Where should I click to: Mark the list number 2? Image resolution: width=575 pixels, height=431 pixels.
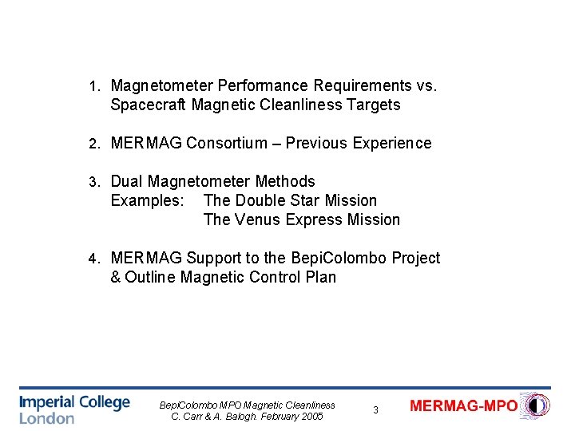tap(93, 144)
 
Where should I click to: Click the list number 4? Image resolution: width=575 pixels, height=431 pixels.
tap(93, 259)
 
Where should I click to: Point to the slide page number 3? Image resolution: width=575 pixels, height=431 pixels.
tap(375, 410)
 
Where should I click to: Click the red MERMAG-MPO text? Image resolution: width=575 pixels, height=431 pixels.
tap(463, 406)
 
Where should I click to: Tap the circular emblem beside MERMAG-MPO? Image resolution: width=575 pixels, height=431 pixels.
tap(534, 405)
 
